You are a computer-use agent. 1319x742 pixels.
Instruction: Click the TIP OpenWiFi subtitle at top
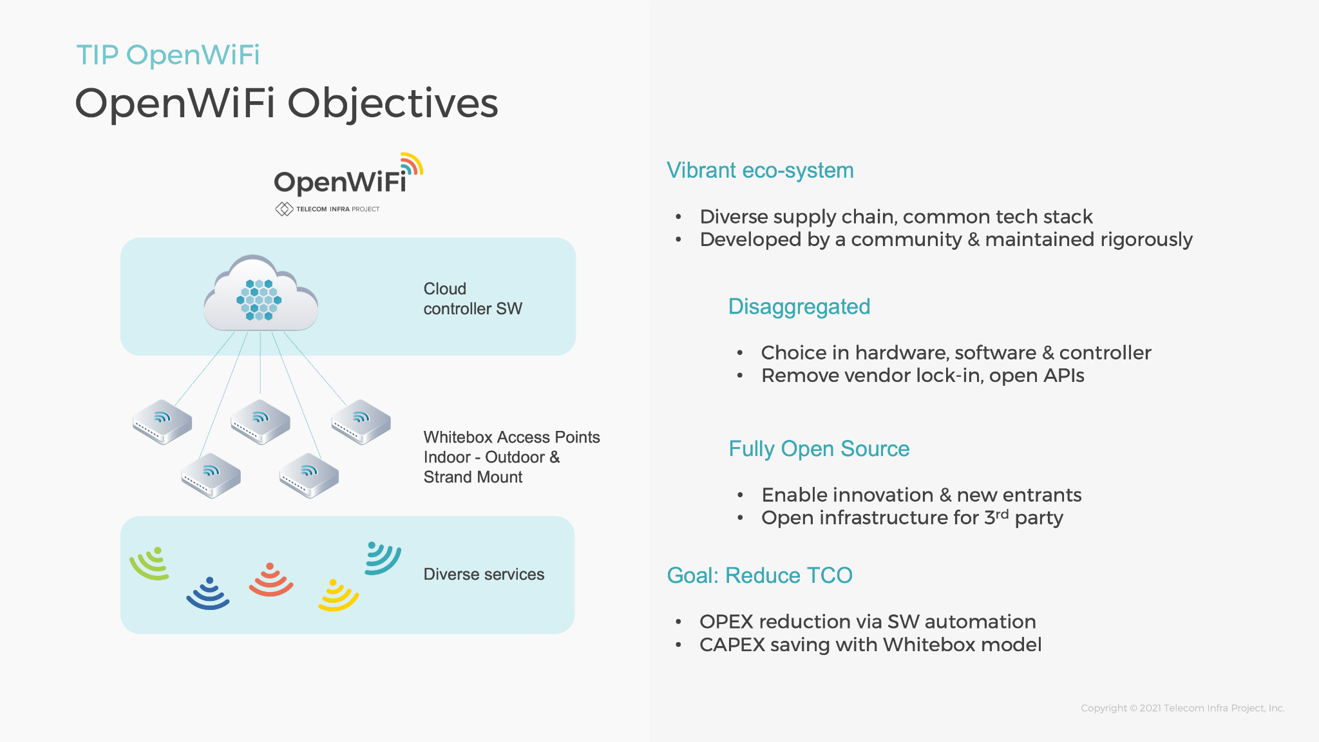[168, 55]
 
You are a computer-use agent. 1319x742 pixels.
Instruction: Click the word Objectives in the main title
[392, 104]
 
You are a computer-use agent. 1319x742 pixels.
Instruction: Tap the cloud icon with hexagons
[261, 294]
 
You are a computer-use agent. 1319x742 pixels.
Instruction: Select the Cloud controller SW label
[473, 299]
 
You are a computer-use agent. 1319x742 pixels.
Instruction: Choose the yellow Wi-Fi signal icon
[338, 595]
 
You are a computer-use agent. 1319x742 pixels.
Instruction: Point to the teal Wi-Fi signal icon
[383, 558]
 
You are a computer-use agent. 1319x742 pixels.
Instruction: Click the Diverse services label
[484, 575]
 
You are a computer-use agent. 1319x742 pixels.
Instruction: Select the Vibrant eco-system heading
[760, 171]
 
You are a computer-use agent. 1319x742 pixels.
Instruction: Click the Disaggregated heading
[799, 307]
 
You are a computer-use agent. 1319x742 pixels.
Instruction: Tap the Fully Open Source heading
[819, 449]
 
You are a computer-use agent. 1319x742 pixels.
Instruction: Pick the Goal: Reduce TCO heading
[760, 575]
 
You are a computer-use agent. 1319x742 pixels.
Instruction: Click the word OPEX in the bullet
[726, 622]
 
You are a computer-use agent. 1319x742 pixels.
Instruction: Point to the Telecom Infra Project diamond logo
[284, 209]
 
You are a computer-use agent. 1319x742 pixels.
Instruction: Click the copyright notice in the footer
[1182, 708]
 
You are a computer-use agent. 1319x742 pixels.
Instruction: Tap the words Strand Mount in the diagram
[473, 477]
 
